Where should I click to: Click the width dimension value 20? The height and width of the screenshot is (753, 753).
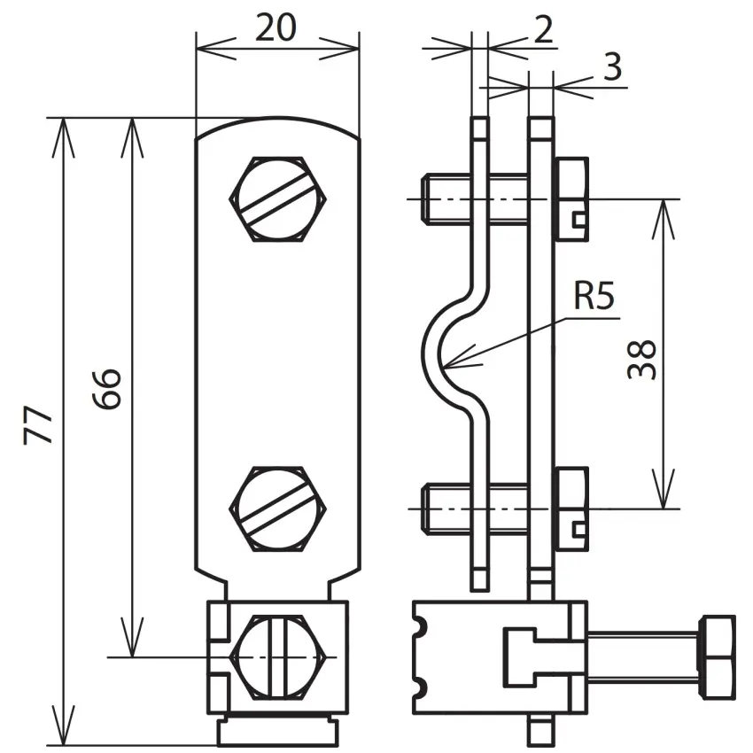pyautogui.click(x=276, y=27)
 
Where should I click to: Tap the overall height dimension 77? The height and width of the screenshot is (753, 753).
pyautogui.click(x=38, y=425)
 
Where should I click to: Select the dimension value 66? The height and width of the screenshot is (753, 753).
pyautogui.click(x=106, y=389)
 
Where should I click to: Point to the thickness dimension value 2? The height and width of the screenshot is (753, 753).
pyautogui.click(x=543, y=30)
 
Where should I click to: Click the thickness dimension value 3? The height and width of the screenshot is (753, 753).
pyautogui.click(x=612, y=66)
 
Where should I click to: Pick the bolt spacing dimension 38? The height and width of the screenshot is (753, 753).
pyautogui.click(x=641, y=360)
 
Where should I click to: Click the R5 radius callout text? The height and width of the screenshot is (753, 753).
pyautogui.click(x=594, y=296)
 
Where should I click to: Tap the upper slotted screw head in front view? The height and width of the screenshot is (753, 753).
pyautogui.click(x=278, y=198)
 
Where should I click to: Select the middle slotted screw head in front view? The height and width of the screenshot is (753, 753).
pyautogui.click(x=278, y=508)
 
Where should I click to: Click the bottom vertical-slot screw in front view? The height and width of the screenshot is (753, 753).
pyautogui.click(x=278, y=656)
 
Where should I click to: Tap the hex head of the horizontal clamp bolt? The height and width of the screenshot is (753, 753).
pyautogui.click(x=718, y=657)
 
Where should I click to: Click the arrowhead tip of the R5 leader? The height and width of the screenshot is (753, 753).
pyautogui.click(x=444, y=368)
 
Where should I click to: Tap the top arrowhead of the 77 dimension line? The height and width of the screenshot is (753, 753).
pyautogui.click(x=63, y=120)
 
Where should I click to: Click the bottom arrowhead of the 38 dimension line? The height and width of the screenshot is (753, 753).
pyautogui.click(x=664, y=507)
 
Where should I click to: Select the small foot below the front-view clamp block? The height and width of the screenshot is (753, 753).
pyautogui.click(x=278, y=733)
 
